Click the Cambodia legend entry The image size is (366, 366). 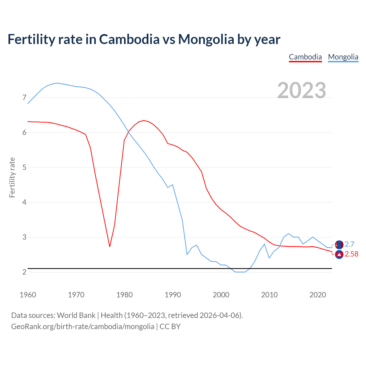point(305,57)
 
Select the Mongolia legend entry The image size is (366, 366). point(343,57)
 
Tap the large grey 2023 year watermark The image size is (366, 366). point(302,90)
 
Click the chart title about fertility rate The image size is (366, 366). point(144,39)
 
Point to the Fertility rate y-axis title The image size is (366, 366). point(12,177)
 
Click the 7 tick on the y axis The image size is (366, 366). point(24,98)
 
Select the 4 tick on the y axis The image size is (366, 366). point(24,202)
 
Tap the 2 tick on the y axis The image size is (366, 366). point(24,272)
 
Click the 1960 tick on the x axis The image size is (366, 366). point(28,295)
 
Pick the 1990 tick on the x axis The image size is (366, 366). point(173,295)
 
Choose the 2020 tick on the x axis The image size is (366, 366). point(318,295)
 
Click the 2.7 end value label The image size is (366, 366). point(349,244)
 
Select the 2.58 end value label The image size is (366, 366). point(351,254)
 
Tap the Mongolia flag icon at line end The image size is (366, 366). point(339,244)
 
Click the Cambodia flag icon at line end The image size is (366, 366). point(339,254)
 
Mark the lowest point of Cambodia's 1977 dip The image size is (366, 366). point(110,246)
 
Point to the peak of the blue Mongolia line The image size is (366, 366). point(57,83)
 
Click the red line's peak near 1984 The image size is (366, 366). point(143,120)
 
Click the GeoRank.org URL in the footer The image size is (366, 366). point(83,327)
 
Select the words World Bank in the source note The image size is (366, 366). point(76,315)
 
